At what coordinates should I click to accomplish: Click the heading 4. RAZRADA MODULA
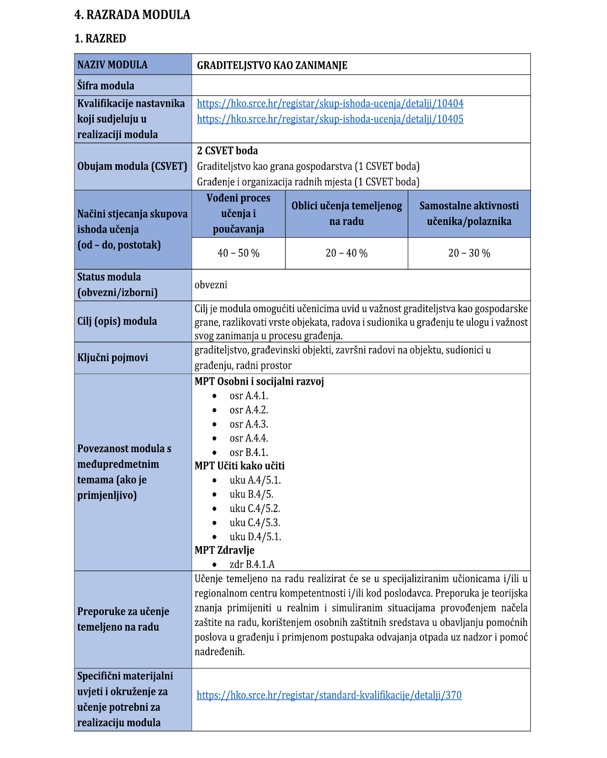coord(132,15)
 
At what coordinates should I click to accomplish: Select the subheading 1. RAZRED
coord(100,39)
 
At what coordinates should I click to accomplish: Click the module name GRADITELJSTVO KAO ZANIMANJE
coord(272,65)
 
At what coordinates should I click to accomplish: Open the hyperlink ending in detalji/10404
coord(330,104)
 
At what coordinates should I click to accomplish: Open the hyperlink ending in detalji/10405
coord(330,119)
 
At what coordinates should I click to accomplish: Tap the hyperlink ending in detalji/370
coord(329,695)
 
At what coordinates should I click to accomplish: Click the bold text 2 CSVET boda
coord(227,151)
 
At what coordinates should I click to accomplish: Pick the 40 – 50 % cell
coord(239,253)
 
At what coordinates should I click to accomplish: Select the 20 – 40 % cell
coord(346,253)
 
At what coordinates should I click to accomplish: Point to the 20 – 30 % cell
coord(469,253)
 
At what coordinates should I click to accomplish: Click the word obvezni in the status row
coord(211,285)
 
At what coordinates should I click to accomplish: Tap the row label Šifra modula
coord(106,86)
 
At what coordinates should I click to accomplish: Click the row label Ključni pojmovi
coord(113,358)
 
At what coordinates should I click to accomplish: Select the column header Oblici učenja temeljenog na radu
coord(346,214)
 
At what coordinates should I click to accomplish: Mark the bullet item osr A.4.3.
coord(249,424)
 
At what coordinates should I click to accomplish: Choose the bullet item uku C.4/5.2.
coord(255,509)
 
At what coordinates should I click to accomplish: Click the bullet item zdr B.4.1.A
coord(252,565)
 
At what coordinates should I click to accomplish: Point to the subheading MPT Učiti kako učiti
coord(240,466)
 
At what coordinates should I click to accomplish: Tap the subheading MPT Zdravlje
coord(224,550)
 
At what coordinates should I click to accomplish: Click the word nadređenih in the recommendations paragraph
coord(219,652)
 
